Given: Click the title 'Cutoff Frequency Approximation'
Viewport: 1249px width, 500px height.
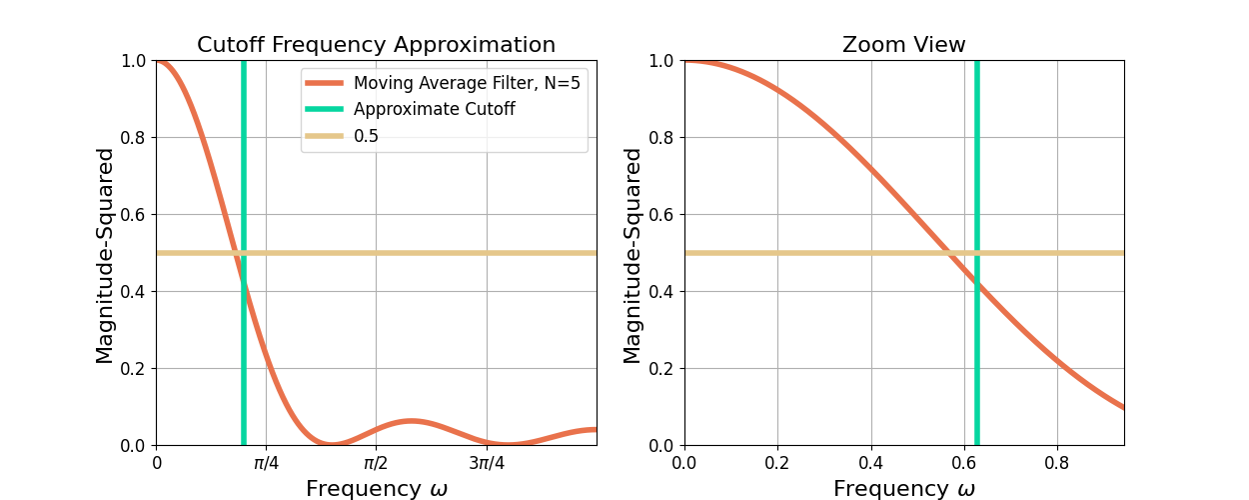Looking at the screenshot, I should coord(376,45).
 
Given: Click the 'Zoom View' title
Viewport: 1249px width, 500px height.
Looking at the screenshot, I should coord(903,45).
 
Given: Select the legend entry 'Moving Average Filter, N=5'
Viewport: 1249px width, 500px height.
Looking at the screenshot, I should coord(467,83).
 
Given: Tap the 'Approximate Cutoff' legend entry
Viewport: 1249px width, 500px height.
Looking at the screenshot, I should coord(434,109).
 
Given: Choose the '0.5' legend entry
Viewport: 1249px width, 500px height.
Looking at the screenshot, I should coord(366,136).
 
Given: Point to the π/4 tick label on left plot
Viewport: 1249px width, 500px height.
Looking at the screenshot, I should coord(266,464).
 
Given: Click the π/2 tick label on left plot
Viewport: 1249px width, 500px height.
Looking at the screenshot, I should coord(376,464).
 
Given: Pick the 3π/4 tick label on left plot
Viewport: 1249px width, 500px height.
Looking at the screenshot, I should coord(487,464).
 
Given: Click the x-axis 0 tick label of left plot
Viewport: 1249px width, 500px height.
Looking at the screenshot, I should coord(157,464).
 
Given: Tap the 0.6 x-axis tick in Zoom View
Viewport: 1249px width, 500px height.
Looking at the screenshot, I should coord(964,464).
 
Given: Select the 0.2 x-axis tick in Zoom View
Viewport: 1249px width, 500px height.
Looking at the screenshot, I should coord(777,464).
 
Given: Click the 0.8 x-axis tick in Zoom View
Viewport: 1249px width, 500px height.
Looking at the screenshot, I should coord(1057,464).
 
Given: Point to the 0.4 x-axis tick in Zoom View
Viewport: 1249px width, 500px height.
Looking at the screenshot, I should coord(871,464).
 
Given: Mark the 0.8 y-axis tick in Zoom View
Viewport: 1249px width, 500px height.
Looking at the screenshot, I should coord(662,137).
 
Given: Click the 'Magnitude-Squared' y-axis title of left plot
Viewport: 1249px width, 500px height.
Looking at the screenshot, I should coord(105,255).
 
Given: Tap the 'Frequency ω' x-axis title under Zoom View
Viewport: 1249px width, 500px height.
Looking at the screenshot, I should coord(903,489).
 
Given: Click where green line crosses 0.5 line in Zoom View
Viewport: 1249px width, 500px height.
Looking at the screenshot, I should coord(977,253).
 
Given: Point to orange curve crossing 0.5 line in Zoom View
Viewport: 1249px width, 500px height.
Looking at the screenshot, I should coord(947,253).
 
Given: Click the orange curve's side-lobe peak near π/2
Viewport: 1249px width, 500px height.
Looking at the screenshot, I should coord(410,420).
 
